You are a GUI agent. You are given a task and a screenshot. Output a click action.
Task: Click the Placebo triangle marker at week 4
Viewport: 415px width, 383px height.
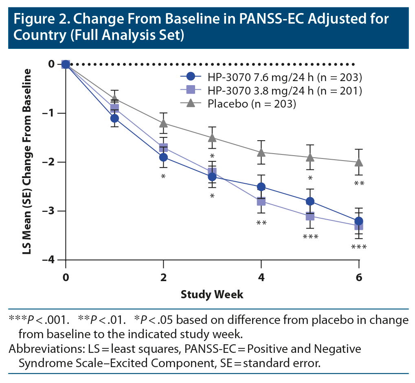261,152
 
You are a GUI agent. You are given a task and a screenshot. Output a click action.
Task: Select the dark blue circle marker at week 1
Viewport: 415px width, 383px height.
114,118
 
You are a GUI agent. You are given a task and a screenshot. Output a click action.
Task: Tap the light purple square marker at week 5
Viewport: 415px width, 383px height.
310,216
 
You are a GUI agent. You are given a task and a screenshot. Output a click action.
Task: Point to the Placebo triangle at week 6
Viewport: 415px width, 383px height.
359,162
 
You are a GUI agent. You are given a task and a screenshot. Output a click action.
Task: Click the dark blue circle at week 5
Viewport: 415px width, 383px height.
310,201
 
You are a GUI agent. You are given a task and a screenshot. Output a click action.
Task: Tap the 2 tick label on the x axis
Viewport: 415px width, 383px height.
163,277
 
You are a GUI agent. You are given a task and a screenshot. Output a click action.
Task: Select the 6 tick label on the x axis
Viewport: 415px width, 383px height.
359,277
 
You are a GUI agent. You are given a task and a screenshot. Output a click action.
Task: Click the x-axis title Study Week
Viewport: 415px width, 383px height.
212,294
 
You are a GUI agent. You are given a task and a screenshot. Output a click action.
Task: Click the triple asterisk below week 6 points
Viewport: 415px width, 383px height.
359,247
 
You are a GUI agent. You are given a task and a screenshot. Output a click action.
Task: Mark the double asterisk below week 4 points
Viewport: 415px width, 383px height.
261,223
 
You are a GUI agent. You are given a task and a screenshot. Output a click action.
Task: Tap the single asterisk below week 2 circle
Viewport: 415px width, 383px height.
163,177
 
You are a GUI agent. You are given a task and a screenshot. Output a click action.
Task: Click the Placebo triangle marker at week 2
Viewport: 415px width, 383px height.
163,123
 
